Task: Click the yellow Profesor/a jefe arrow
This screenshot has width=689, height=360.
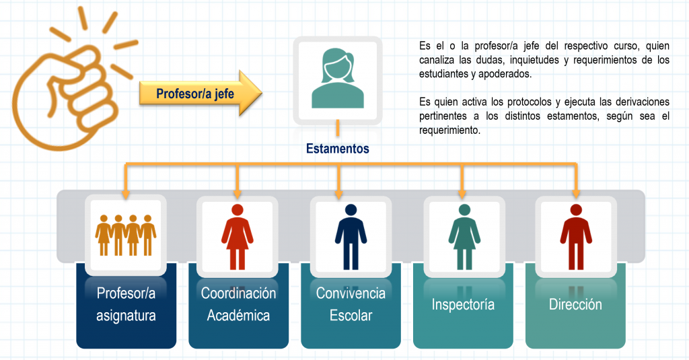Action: coord(201,93)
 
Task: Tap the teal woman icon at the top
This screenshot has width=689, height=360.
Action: coord(338,79)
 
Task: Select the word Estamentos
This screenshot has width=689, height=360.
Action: coord(338,149)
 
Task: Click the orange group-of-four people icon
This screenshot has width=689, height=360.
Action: coord(126,235)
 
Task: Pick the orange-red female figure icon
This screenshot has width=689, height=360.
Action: coord(238,237)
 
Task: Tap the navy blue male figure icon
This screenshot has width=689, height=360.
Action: coord(351,237)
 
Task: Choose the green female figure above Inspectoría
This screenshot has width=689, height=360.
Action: coord(464,237)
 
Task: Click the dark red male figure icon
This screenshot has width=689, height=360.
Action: coord(576,237)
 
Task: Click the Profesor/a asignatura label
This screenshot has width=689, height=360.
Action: coord(126,304)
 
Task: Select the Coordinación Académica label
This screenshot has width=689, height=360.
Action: coord(239,304)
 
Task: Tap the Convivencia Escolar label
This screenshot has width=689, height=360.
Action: coord(351,304)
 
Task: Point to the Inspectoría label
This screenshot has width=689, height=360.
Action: coord(463,304)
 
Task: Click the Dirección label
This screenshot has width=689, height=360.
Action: coord(575,304)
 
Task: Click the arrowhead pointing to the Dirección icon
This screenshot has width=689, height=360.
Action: coord(576,194)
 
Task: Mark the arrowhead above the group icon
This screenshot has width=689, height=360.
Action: coord(126,194)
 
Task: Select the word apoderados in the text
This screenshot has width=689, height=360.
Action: coord(505,74)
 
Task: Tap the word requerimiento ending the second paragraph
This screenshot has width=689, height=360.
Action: coord(449,130)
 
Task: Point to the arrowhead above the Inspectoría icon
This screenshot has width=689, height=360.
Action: coord(462,194)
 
